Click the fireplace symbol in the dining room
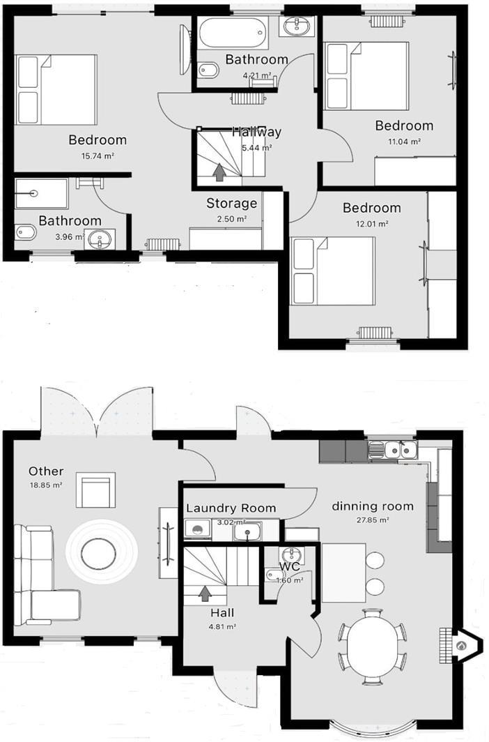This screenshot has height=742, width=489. (x=459, y=645)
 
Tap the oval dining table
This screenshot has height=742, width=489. (x=373, y=646)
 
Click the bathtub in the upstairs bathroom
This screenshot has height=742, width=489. (x=232, y=32)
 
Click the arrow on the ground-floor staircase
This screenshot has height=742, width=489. (x=205, y=593)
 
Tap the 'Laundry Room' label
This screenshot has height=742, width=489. (x=231, y=508)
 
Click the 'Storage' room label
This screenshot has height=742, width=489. (x=231, y=204)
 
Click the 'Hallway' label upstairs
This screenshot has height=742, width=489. (x=256, y=132)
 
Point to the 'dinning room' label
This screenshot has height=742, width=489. (x=372, y=506)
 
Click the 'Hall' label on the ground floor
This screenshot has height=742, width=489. (x=222, y=613)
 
